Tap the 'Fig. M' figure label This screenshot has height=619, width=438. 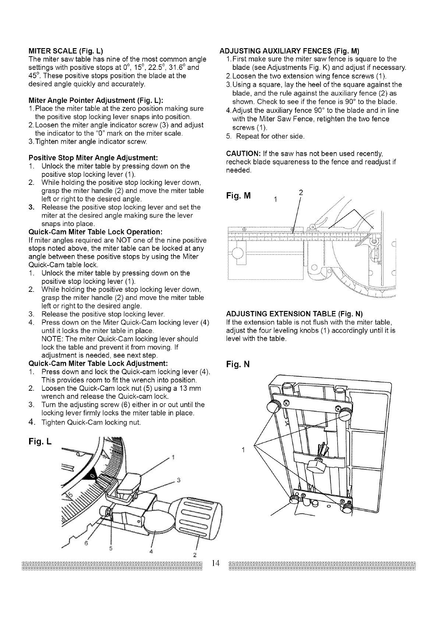(239, 196)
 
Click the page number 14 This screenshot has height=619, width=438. (215, 563)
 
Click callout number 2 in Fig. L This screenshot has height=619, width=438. (195, 554)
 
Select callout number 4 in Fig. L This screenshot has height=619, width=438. (151, 551)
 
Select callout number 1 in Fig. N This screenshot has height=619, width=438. (243, 449)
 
